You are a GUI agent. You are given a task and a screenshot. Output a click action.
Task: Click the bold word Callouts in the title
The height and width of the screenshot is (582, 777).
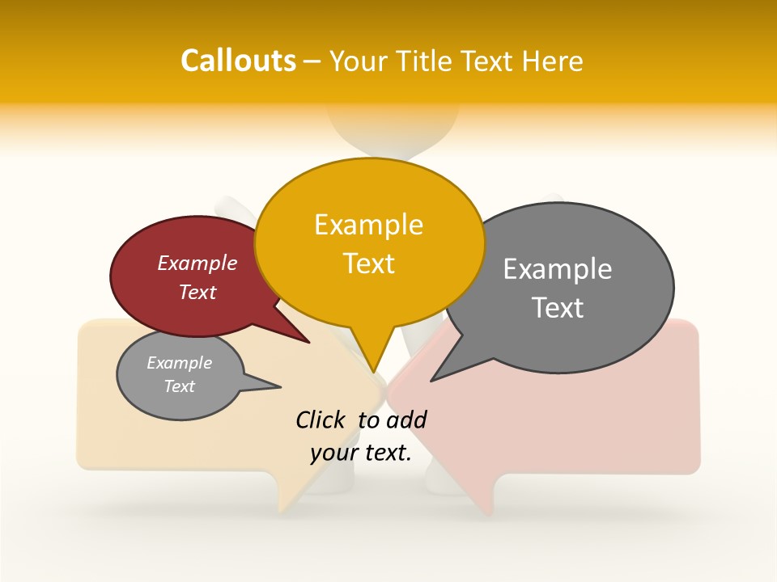point(238,61)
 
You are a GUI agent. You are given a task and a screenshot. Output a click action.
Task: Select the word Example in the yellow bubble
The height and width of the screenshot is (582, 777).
point(368,225)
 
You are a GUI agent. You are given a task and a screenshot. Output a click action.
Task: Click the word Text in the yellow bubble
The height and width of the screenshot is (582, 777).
point(368,264)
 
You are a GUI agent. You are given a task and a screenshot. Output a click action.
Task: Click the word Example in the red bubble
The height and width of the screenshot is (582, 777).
point(197,264)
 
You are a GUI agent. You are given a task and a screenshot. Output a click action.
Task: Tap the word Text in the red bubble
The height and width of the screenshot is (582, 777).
point(197,293)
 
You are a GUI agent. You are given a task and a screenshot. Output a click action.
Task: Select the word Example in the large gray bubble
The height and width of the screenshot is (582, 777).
point(558,269)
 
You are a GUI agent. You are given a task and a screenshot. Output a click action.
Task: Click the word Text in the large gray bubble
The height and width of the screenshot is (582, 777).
point(558,308)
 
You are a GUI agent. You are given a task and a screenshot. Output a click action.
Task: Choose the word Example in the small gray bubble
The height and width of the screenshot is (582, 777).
point(179,363)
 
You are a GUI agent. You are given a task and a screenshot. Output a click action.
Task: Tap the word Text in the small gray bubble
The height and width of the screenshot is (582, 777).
point(179,386)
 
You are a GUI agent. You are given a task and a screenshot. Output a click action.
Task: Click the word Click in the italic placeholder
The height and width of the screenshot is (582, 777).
point(321,420)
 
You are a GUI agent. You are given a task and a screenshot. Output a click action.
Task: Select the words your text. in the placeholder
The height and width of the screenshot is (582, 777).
point(361,453)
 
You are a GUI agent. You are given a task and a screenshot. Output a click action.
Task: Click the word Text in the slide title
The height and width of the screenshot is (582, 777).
point(488,61)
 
